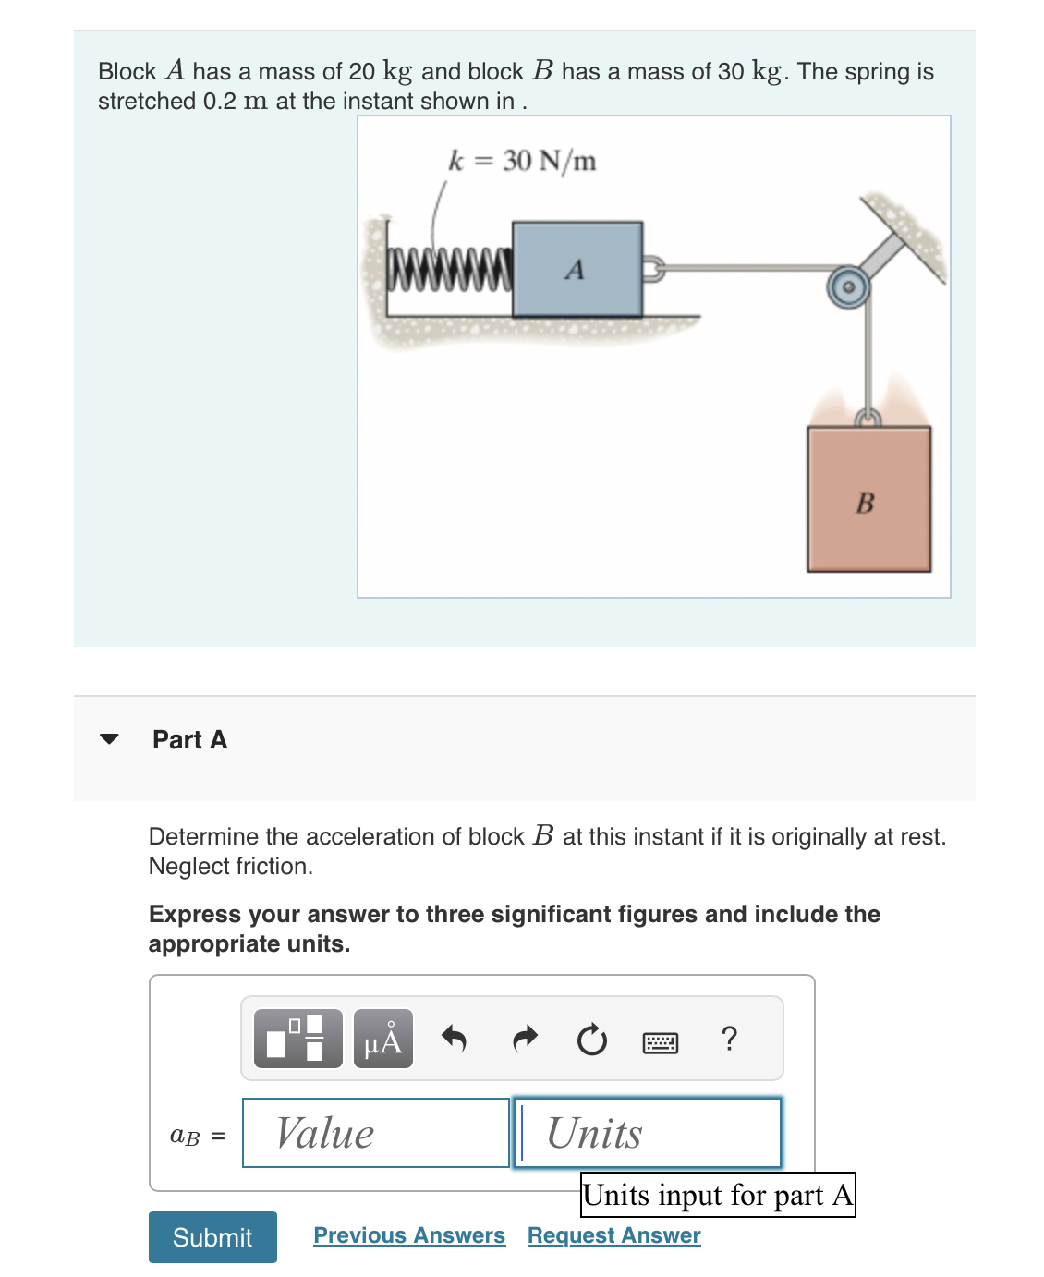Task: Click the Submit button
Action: pos(212,1236)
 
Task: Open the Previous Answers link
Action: pos(409,1235)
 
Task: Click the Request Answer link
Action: pos(613,1235)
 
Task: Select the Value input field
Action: pos(376,1133)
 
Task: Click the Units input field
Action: pos(648,1133)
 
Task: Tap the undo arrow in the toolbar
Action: pos(454,1040)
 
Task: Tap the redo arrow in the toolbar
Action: pos(524,1040)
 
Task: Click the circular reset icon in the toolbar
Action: pos(591,1040)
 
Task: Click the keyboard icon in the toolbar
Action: pos(660,1042)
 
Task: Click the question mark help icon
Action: pos(729,1039)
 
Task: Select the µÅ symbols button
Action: pos(383,1040)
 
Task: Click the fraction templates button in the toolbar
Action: pos(297,1039)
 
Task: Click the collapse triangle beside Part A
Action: pos(109,739)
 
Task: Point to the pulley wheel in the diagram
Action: pos(847,287)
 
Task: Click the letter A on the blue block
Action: pos(575,270)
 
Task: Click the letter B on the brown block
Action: pos(866,504)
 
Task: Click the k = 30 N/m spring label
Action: pos(522,161)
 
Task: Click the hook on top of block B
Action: pos(866,419)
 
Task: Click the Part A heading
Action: pos(189,739)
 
